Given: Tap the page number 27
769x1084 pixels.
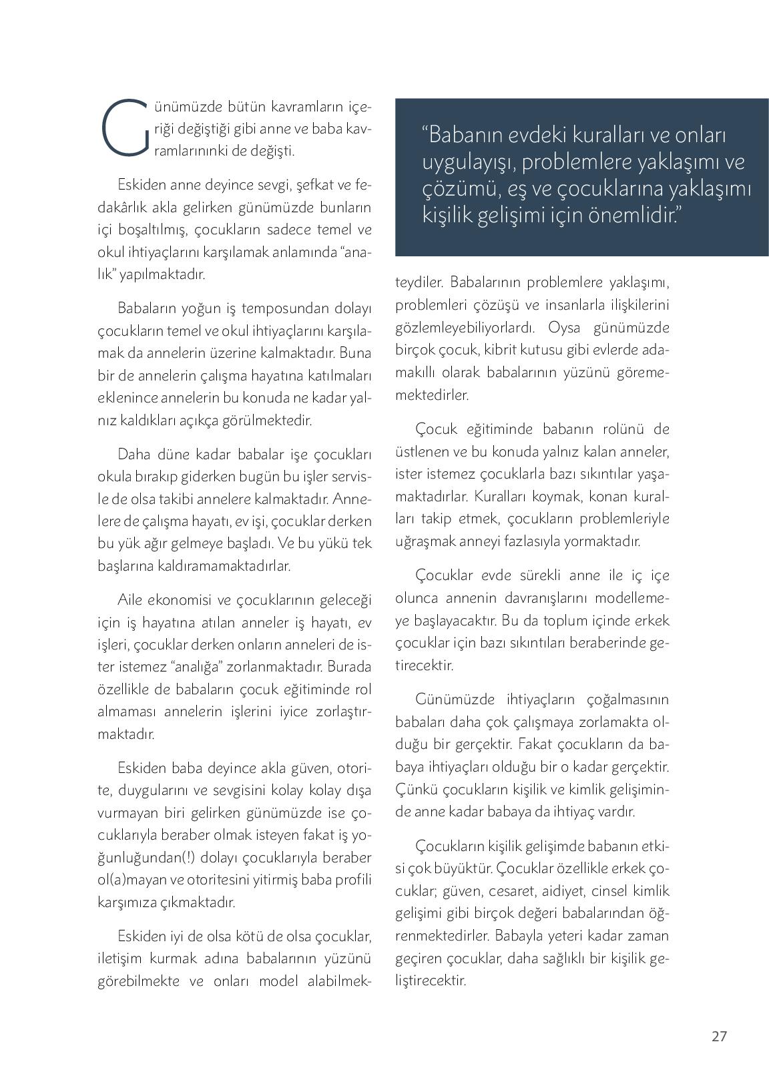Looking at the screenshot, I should pyautogui.click(x=719, y=1037).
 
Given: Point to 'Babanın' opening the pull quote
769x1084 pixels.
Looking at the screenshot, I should pyautogui.click(x=461, y=135).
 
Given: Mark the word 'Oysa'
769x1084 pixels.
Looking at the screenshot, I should pyautogui.click(x=566, y=328).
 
